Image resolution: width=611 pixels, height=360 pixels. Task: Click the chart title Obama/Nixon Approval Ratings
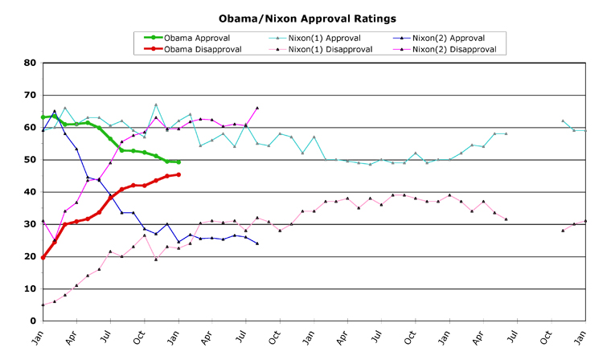(x=308, y=17)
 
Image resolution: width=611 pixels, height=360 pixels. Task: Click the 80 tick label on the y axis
(x=31, y=63)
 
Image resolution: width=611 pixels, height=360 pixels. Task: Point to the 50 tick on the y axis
(x=31, y=160)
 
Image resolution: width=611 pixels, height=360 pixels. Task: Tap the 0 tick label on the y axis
(x=33, y=321)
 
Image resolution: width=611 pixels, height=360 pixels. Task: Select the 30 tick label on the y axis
(x=31, y=224)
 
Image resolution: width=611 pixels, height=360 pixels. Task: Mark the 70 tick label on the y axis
(x=31, y=95)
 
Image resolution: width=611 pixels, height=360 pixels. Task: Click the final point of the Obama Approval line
(x=178, y=162)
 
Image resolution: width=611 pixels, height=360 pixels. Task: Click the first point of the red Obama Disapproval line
(x=43, y=257)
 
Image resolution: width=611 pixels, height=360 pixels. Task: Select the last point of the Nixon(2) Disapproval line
(x=257, y=108)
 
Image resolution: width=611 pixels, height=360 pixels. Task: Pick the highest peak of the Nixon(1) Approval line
(x=156, y=104)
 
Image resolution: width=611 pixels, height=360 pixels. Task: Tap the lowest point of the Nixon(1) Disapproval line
(x=43, y=305)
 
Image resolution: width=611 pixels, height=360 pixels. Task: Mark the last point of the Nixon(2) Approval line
(x=257, y=243)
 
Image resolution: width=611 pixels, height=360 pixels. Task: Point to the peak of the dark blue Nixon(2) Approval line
(x=54, y=111)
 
